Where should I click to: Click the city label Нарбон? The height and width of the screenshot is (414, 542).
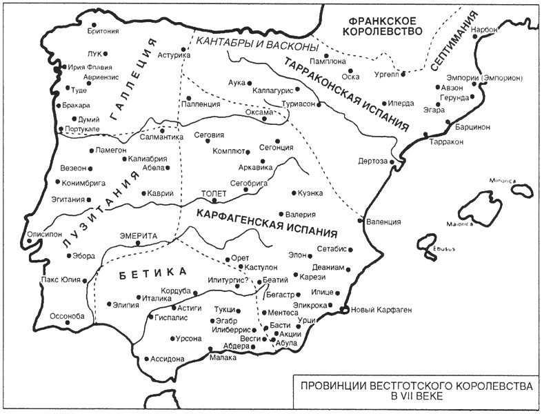[483, 30]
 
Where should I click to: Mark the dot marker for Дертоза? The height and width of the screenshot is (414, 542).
[392, 161]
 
